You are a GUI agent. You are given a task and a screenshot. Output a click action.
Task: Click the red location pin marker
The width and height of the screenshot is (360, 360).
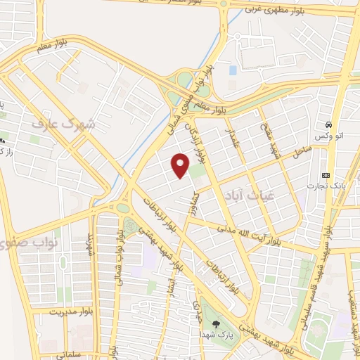point(181,166)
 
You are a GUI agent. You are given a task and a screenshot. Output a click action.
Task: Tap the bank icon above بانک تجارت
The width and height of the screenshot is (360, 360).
point(325,174)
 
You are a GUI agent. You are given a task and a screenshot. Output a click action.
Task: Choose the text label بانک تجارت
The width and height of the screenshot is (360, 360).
point(325,186)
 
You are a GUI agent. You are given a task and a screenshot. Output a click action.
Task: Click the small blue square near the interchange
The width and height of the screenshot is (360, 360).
point(232,70)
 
